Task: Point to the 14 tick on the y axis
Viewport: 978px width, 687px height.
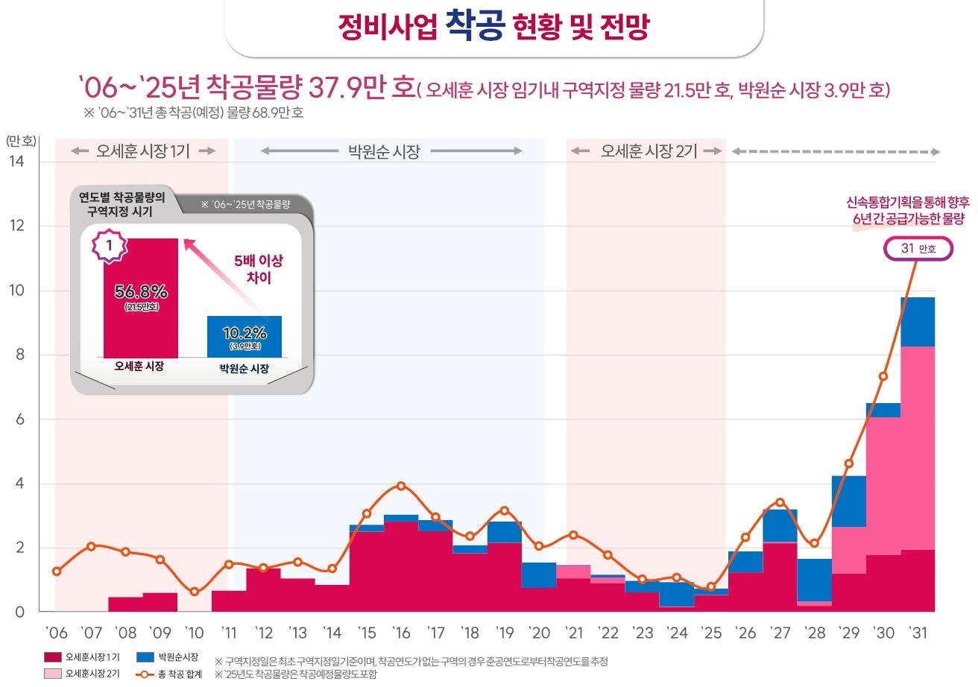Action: (16, 161)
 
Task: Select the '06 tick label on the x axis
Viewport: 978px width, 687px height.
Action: (56, 633)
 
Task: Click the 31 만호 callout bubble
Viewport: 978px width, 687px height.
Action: (918, 249)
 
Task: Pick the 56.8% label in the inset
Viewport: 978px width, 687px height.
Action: (141, 291)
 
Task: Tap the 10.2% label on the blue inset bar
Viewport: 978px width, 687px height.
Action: (245, 332)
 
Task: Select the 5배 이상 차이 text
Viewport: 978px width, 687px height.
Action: (259, 269)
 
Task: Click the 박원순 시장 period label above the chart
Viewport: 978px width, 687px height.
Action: (384, 152)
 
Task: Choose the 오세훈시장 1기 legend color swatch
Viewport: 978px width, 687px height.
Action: (52, 657)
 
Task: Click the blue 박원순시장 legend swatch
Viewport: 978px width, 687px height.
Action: (146, 657)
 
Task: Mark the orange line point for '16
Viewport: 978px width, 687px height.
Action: (401, 486)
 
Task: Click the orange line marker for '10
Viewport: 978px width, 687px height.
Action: (195, 592)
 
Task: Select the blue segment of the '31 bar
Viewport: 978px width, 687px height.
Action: (917, 322)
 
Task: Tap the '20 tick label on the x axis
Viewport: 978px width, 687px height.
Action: (539, 633)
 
